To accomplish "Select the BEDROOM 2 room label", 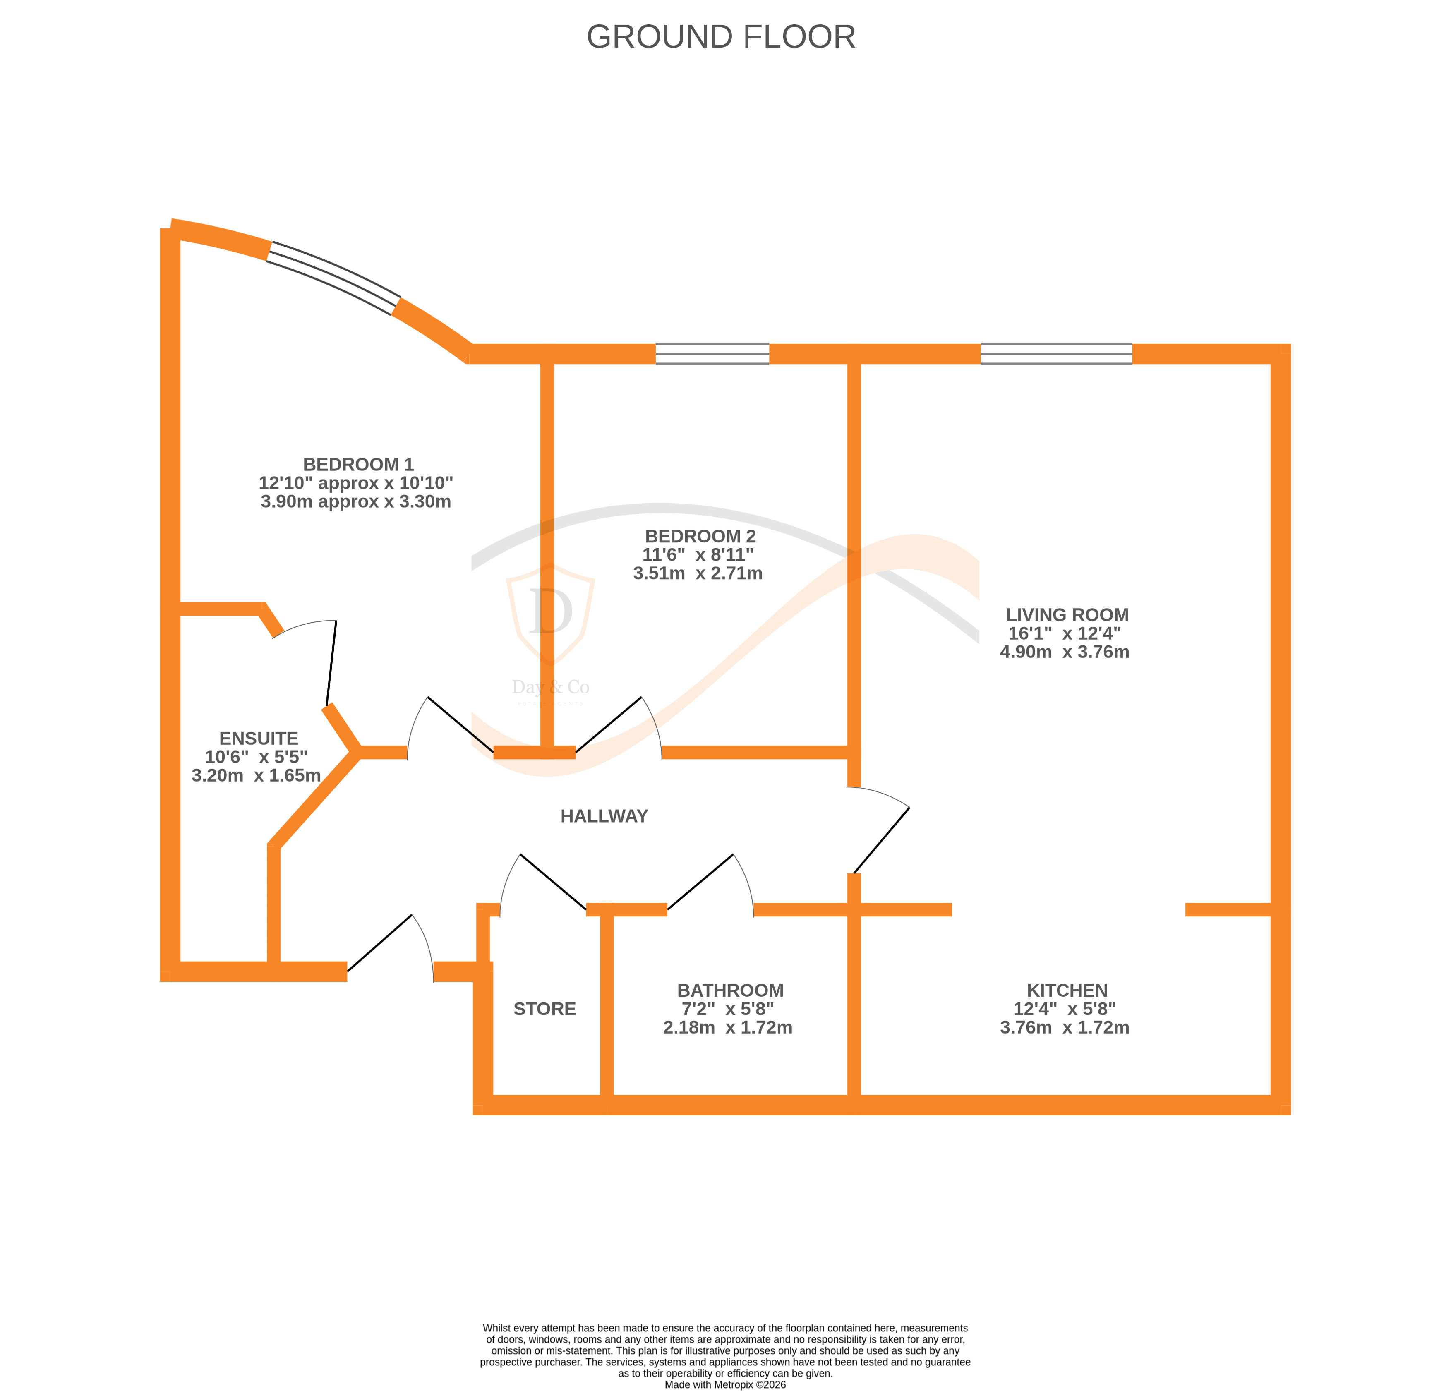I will point(700,536).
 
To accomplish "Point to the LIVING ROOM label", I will point(1067,614).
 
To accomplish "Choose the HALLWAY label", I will point(604,816).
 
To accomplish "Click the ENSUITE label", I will point(258,738).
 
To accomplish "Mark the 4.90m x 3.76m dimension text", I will point(1065,652).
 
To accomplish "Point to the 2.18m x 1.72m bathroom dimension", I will point(728,1027).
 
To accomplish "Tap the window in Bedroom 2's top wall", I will point(712,354).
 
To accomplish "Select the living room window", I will point(1056,354).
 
